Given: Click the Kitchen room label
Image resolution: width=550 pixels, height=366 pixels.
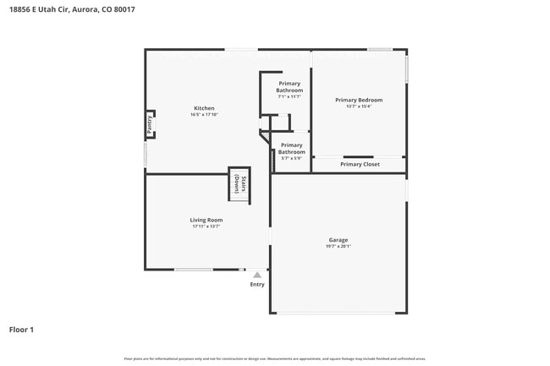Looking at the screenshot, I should pyautogui.click(x=204, y=108).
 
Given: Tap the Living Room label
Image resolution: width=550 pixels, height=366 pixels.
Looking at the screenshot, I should pyautogui.click(x=206, y=220).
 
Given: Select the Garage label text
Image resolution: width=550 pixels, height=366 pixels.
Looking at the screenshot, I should pyautogui.click(x=338, y=240).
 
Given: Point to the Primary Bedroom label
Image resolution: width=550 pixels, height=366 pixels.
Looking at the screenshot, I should pyautogui.click(x=359, y=100).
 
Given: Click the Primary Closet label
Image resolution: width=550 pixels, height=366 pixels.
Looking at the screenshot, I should pyautogui.click(x=360, y=164).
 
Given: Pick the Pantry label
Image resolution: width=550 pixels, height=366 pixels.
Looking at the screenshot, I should pyautogui.click(x=150, y=125).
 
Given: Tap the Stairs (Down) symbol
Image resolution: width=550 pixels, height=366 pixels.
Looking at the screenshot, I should pyautogui.click(x=239, y=184).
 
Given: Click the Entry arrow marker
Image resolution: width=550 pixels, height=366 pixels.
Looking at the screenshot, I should pyautogui.click(x=257, y=275).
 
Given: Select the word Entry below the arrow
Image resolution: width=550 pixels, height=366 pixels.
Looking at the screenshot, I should pyautogui.click(x=257, y=284).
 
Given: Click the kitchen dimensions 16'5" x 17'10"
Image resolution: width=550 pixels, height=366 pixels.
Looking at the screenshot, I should pyautogui.click(x=204, y=115).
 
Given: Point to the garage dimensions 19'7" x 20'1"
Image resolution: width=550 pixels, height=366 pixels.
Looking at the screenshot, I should pyautogui.click(x=338, y=247).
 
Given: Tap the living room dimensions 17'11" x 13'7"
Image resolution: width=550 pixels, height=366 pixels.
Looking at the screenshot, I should pyautogui.click(x=206, y=227).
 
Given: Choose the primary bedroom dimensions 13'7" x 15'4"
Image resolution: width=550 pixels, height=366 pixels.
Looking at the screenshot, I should pyautogui.click(x=359, y=107).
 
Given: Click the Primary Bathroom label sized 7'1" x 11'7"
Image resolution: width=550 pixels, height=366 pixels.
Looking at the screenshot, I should pyautogui.click(x=289, y=87).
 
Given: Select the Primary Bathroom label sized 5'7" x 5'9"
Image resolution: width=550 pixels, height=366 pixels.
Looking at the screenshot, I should pyautogui.click(x=291, y=149).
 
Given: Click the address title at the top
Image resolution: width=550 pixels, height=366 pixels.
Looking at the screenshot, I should pyautogui.click(x=72, y=9).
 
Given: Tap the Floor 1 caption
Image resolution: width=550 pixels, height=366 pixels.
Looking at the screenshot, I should pyautogui.click(x=21, y=329).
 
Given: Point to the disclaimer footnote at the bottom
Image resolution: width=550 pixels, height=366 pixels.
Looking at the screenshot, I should pyautogui.click(x=274, y=358).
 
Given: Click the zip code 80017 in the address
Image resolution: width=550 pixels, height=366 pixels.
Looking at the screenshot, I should pyautogui.click(x=124, y=9).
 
